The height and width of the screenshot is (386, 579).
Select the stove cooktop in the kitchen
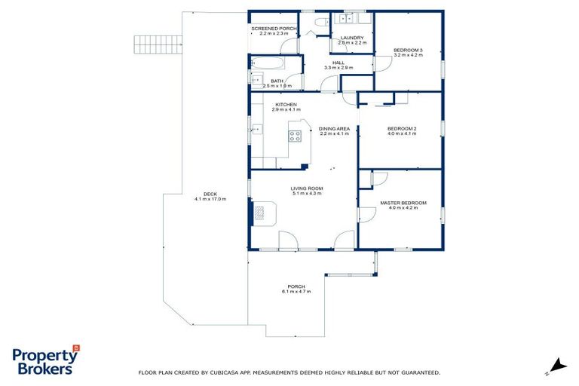pos(296,136)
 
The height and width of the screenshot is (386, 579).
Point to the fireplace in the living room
pos(260,214)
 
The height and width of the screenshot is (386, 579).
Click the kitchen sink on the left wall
pos(256,130)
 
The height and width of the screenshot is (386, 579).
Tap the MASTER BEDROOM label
pos(403,202)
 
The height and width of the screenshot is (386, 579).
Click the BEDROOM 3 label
pos(408,51)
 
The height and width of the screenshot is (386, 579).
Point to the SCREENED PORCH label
pos(274,29)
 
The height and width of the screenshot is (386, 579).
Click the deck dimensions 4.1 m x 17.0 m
pos(210,198)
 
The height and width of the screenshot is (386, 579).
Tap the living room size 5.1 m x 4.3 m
pos(307,194)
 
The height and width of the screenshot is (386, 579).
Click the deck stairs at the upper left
pos(159,49)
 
